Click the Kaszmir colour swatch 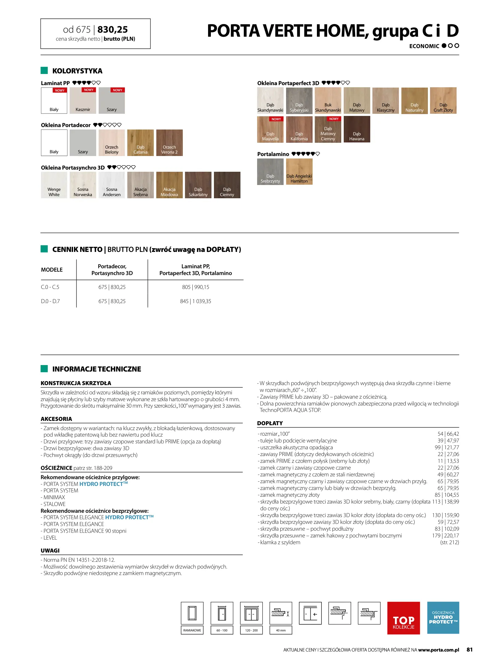[83, 101]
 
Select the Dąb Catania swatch [140, 142]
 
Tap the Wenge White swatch [54, 185]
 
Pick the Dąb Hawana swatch [357, 129]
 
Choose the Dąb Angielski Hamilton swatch [299, 171]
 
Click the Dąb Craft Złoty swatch [443, 101]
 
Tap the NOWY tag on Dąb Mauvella [276, 119]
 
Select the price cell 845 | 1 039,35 [195, 301]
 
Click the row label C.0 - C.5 [50, 287]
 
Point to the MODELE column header [52, 270]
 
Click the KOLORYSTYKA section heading [77, 71]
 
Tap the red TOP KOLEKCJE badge [403, 618]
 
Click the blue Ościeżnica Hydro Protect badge [443, 618]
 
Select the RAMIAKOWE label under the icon [192, 630]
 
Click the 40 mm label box [281, 630]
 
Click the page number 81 [469, 650]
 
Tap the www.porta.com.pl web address [438, 650]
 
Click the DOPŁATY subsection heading [270, 423]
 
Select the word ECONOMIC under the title [424, 46]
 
